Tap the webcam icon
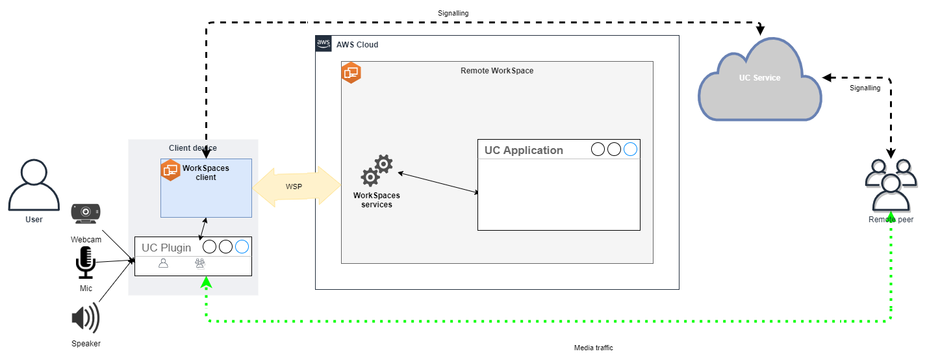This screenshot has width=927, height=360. click(86, 212)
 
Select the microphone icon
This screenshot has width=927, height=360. click(86, 262)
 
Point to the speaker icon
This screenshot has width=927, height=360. click(86, 318)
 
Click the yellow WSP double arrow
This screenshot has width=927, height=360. click(297, 186)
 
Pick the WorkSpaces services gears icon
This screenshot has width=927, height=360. click(377, 172)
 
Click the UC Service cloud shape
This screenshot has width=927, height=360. click(759, 79)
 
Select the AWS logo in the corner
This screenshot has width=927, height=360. click(324, 44)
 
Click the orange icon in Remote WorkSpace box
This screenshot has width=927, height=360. click(351, 73)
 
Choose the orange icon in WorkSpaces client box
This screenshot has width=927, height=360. click(170, 170)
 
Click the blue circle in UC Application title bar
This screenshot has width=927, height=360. click(630, 150)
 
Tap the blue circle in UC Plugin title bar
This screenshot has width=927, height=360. click(242, 247)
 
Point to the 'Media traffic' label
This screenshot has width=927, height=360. click(593, 348)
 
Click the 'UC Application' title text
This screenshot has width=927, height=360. click(524, 150)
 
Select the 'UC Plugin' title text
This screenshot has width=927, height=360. click(166, 248)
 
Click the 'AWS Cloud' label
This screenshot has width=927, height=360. click(357, 45)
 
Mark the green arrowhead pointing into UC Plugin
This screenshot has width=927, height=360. click(206, 282)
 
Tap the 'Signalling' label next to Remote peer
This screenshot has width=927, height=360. click(865, 88)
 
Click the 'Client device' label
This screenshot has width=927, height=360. click(193, 148)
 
